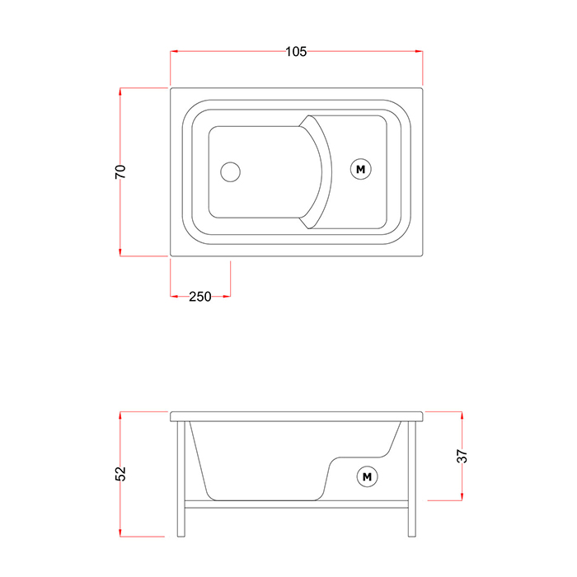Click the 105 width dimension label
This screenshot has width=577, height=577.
(x=296, y=51)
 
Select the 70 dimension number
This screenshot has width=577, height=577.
(x=120, y=171)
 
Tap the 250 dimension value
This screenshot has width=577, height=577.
(x=200, y=296)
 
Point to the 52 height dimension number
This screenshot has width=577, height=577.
(x=120, y=474)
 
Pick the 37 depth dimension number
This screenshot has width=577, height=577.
(x=462, y=457)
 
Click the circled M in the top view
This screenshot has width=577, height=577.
(x=361, y=169)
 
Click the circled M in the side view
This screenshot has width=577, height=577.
(x=368, y=477)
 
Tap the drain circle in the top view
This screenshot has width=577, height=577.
(x=230, y=171)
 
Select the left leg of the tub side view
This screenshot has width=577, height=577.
(x=181, y=479)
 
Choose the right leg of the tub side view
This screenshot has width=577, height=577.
(x=412, y=479)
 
